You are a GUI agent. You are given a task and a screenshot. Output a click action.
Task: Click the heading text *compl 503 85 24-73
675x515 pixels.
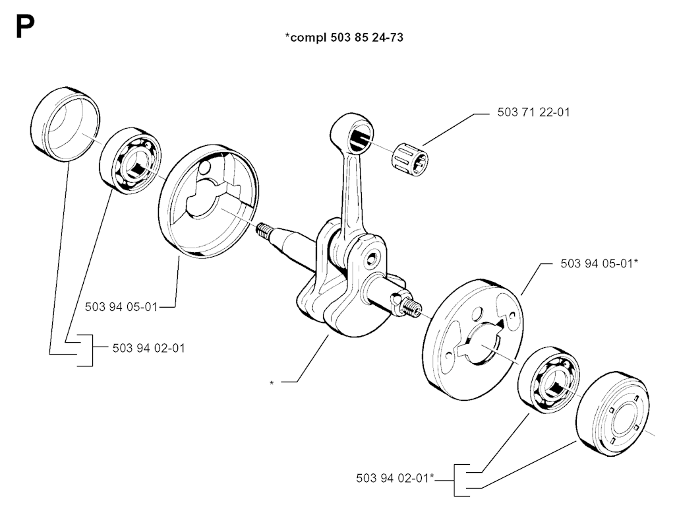tap(343, 38)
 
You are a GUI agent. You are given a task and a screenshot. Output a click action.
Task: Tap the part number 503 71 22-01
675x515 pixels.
tap(533, 112)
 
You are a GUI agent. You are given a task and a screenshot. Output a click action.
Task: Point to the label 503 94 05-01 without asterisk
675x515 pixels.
tap(121, 306)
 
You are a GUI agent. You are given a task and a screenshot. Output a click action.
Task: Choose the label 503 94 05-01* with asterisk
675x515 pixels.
tap(599, 263)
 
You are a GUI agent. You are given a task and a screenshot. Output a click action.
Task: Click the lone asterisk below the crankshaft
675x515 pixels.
tap(272, 382)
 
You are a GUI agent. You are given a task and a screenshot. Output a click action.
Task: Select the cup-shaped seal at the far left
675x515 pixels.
tap(66, 123)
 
